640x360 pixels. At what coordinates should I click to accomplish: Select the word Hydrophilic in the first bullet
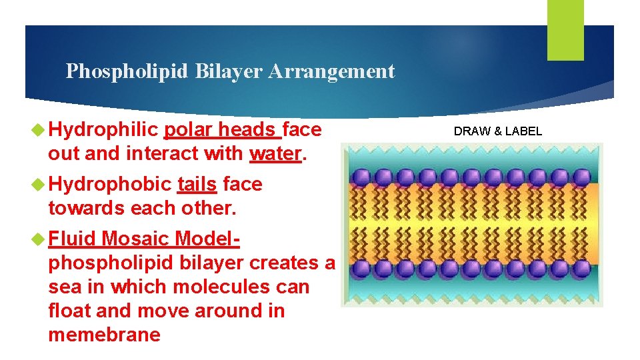(x=103, y=129)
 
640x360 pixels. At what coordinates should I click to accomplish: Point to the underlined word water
(x=275, y=153)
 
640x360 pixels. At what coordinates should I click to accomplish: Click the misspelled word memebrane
(x=105, y=335)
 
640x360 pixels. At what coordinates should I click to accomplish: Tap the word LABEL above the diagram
(x=523, y=131)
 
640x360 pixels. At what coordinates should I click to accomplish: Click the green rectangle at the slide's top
(x=565, y=29)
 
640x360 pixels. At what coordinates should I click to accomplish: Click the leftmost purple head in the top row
(x=360, y=177)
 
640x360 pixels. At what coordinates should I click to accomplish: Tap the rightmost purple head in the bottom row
(x=582, y=268)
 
